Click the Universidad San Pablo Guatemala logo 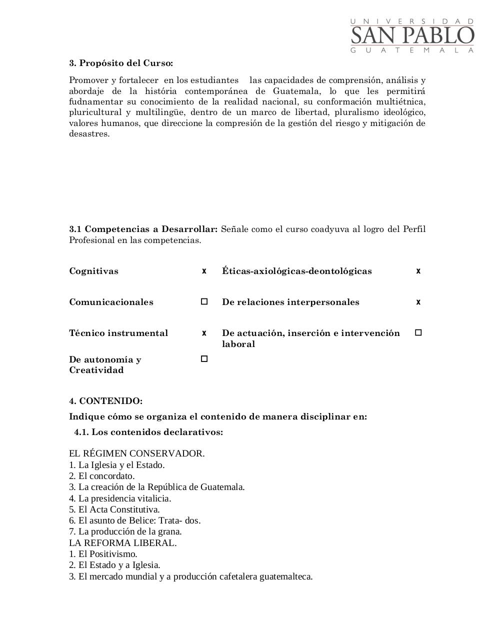tap(412, 35)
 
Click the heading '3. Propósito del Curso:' tap(121, 63)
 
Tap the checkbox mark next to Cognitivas tap(204, 271)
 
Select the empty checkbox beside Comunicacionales tap(204, 301)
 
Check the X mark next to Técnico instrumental tap(204, 333)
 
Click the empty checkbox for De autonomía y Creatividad tap(204, 359)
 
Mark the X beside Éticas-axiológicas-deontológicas tap(418, 271)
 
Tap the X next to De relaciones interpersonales tap(418, 302)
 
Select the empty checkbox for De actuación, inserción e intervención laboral tap(418, 332)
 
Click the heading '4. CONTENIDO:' tap(105, 401)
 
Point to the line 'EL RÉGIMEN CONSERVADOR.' tap(136, 454)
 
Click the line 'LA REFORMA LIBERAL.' tap(122, 543)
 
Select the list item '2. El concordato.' tap(101, 476)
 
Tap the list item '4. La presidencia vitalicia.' tap(120, 498)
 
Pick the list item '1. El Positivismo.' tap(103, 554)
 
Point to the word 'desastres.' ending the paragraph tap(89, 134)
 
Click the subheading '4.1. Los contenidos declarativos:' tap(148, 432)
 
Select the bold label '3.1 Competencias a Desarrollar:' tap(143, 229)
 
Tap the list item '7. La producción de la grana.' tap(125, 531)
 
